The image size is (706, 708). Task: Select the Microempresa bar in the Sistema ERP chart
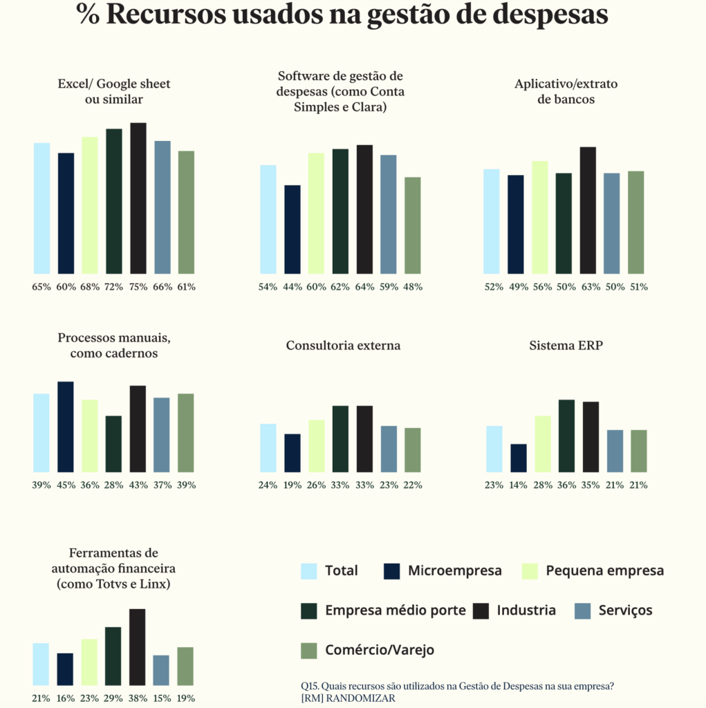coord(519,458)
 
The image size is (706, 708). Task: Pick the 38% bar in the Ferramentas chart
coord(138,646)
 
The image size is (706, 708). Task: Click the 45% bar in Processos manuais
coord(66,427)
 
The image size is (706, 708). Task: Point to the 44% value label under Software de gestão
coord(292,286)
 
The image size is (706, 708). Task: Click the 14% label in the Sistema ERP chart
coord(519,485)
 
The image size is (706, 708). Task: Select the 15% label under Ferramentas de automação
coord(162,698)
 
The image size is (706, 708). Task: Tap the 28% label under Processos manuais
coord(113,485)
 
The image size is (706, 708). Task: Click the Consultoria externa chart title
coord(343,346)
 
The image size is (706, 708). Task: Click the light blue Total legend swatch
coord(309,571)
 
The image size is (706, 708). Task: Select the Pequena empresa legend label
coord(605,571)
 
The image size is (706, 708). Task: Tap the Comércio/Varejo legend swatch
coord(309,651)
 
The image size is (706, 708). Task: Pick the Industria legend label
coord(526,611)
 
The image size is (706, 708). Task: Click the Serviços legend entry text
coord(626,611)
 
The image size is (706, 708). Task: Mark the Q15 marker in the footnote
coord(310,686)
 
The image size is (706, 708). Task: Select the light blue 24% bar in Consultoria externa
coord(268,448)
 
